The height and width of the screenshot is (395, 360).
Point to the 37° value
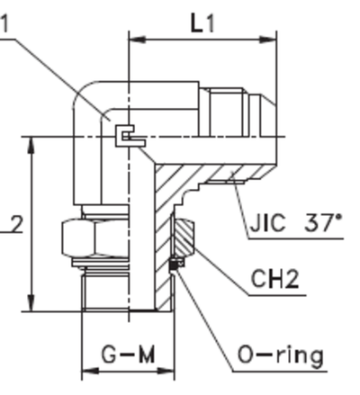point(323,221)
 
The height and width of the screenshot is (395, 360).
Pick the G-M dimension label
point(126,355)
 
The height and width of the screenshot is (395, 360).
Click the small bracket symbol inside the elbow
point(129,136)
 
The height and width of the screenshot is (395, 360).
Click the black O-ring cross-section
point(176,264)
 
